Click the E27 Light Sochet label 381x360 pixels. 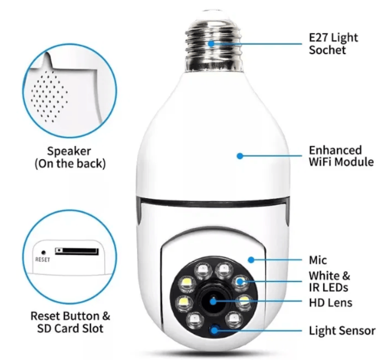333,44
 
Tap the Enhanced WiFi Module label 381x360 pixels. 341,156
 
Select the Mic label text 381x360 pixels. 318,260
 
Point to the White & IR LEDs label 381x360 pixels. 329,282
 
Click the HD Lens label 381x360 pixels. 331,303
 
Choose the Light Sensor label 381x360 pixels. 342,331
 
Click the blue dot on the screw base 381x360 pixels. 211,44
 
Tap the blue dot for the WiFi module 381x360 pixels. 240,156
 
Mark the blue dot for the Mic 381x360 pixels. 251,260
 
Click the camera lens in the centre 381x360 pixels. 213,302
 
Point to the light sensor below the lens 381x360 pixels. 214,330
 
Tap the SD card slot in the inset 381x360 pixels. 77,251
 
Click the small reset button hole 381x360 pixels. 44,253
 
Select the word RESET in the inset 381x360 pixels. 42,260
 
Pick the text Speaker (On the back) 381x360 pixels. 70,157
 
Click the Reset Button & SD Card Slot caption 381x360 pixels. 70,322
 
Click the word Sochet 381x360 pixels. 327,50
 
